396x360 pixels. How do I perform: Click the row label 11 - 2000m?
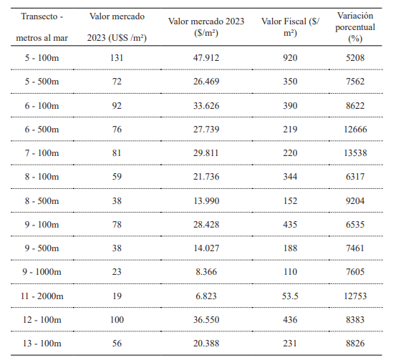(x=40, y=296)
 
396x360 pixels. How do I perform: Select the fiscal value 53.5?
(x=291, y=296)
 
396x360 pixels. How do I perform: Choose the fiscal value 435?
(x=291, y=224)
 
